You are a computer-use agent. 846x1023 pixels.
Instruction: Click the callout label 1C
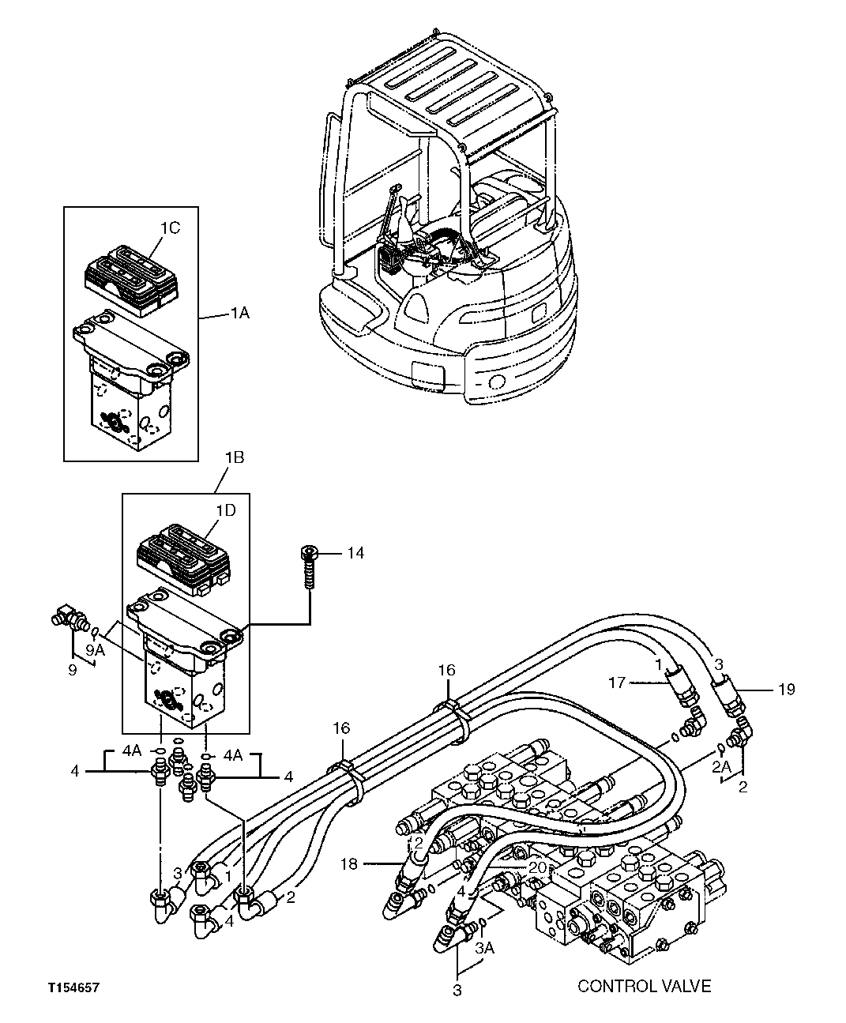tap(171, 228)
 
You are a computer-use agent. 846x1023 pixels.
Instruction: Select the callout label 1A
tap(239, 314)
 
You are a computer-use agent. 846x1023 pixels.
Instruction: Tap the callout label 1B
tap(235, 458)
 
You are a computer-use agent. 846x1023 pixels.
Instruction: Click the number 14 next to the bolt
tap(355, 553)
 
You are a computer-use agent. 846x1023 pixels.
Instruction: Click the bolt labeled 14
tap(309, 567)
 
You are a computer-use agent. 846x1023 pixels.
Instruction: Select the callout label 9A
tap(95, 650)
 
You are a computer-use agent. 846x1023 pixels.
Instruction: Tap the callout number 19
tap(786, 690)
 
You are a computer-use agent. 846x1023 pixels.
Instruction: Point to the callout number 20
tap(538, 867)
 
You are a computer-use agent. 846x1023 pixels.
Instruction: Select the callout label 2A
tap(720, 766)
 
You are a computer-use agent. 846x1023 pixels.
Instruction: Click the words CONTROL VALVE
tap(644, 986)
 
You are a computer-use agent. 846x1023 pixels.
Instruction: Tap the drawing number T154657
tap(73, 988)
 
